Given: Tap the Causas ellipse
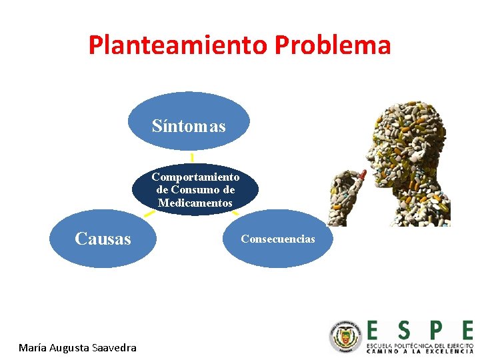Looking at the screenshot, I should tap(103, 239).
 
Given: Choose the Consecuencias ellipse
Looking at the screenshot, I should tap(277, 239).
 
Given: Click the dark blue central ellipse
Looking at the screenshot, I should tap(195, 190).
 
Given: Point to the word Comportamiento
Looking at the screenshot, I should tap(195, 177).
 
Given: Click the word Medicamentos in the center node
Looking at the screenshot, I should tap(195, 203).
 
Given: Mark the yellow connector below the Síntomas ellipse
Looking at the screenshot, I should tap(192, 157).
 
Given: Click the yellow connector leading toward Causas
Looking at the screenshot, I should tap(149, 215).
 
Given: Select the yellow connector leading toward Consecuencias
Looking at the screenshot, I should tap(235, 213).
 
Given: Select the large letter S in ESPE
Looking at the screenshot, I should tap(403, 331).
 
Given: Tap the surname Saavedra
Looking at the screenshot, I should tap(114, 347).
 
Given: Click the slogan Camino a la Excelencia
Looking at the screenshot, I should tap(419, 351).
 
